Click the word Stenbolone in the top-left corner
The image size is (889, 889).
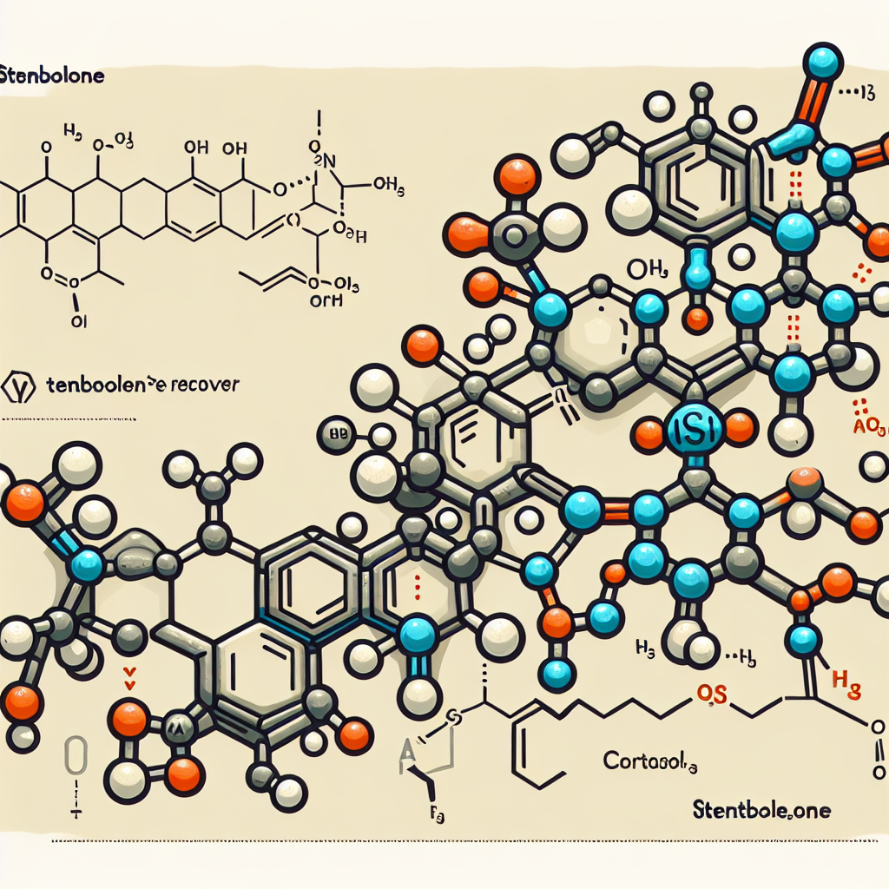coord(52,76)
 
